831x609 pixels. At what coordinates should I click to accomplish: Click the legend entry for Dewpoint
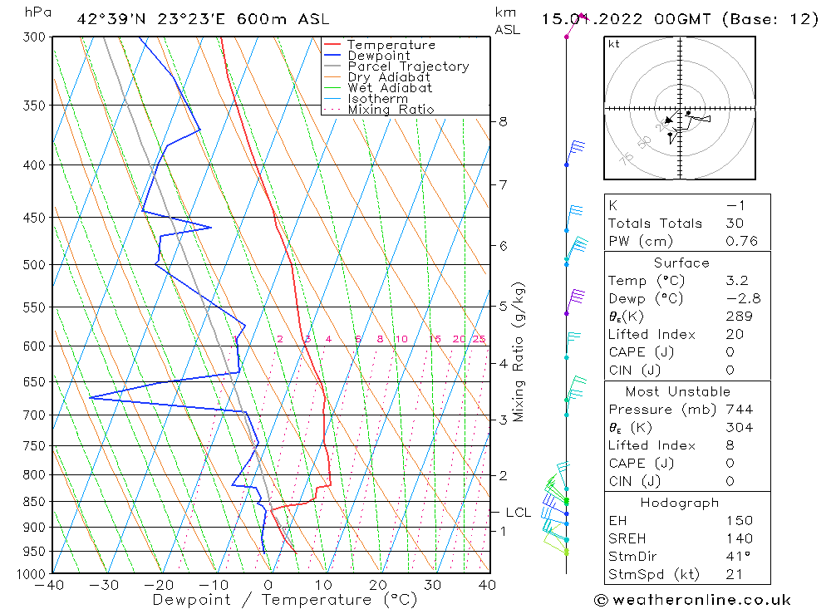378,56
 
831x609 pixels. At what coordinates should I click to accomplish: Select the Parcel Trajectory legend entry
408,66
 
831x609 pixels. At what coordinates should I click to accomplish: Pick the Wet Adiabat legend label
390,88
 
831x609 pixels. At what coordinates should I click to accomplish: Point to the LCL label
518,513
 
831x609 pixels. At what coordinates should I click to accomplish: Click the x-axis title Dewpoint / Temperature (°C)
285,600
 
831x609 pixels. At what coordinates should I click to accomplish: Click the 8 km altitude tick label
503,121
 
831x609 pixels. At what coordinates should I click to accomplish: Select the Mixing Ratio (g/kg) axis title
519,351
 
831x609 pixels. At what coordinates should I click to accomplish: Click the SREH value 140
738,539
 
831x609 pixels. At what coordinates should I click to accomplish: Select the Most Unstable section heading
678,391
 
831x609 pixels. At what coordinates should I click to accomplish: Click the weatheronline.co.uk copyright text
692,600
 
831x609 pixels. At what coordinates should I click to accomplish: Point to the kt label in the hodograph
614,44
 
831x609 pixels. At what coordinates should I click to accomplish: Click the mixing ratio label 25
479,339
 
